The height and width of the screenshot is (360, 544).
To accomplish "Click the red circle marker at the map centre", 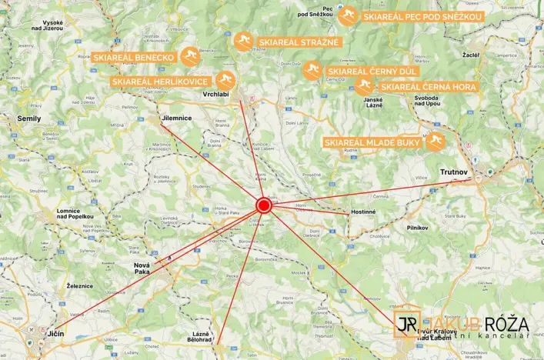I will pyautogui.click(x=263, y=205).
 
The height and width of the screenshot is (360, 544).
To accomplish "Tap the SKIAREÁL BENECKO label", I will pyautogui.click(x=135, y=57).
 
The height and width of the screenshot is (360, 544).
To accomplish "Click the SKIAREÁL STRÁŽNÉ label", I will pyautogui.click(x=298, y=42).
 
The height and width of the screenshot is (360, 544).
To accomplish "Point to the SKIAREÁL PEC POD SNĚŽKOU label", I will pyautogui.click(x=422, y=16).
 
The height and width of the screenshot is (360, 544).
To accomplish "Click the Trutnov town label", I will pyautogui.click(x=456, y=172).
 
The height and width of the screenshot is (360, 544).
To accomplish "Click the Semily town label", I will pyautogui.click(x=30, y=118).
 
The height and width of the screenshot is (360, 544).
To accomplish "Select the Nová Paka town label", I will pyautogui.click(x=137, y=268).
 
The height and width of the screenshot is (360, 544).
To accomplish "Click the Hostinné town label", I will pyautogui.click(x=363, y=212).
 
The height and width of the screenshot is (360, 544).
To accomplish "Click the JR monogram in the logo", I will pyautogui.click(x=407, y=325).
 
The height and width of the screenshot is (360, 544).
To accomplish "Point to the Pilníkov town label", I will pyautogui.click(x=422, y=228).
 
